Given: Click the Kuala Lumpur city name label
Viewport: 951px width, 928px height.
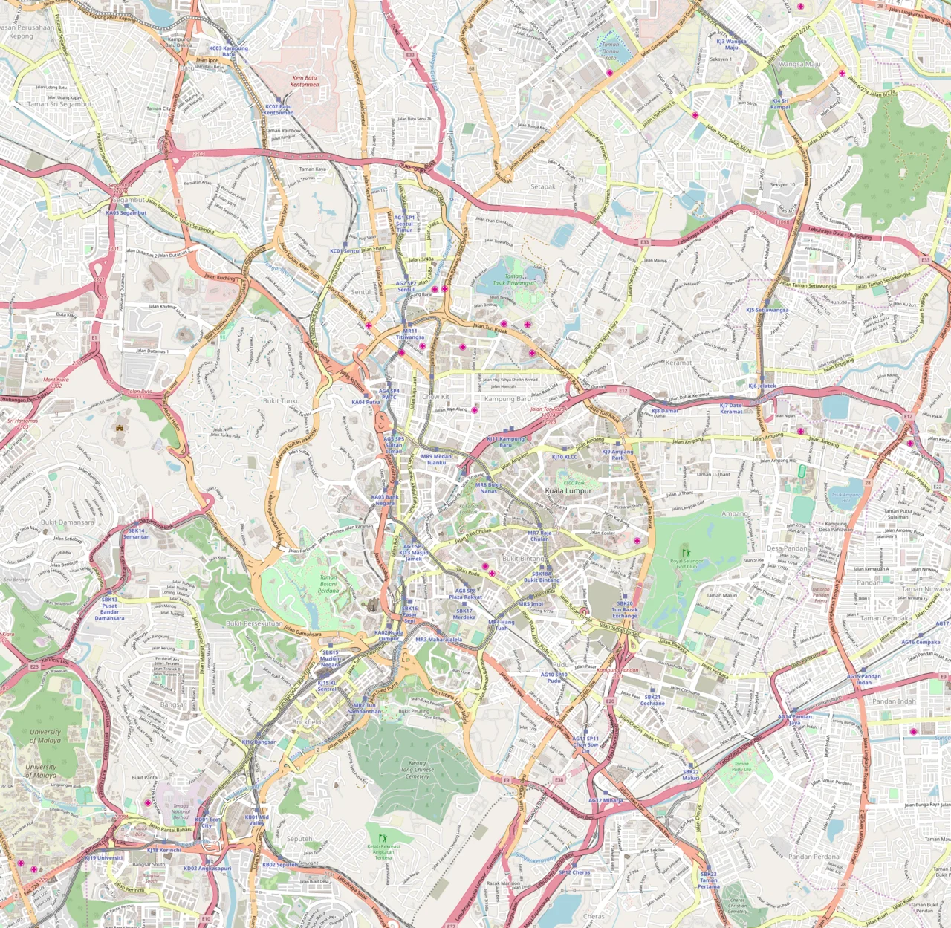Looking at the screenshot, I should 568,491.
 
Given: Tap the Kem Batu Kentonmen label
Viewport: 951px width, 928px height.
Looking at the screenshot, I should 305,81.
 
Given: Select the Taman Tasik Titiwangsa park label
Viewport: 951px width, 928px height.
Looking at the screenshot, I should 513,279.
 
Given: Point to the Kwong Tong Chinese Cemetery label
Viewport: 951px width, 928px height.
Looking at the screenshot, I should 418,770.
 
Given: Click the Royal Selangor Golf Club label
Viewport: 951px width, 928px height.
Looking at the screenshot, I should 686,563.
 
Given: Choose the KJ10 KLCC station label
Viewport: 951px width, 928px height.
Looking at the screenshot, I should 564,458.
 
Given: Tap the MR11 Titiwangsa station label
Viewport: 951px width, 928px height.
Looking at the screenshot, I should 410,334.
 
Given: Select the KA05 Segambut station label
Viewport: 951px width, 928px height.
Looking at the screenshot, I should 126,213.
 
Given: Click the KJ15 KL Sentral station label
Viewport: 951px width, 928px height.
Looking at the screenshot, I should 327,686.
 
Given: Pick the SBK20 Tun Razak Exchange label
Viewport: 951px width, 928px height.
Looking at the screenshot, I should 625,610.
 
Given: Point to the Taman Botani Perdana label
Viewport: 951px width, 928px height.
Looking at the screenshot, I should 328,583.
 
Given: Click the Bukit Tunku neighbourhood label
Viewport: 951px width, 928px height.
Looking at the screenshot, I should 281,401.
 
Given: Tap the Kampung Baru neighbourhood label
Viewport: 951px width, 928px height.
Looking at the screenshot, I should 508,399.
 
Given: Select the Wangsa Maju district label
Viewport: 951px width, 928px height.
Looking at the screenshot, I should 799,65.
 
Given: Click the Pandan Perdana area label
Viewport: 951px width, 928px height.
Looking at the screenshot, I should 814,857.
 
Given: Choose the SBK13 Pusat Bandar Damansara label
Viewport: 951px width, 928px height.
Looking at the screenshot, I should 109,609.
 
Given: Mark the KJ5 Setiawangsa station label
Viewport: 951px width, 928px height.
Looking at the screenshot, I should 767,311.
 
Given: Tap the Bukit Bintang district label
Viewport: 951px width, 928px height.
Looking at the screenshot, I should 523,559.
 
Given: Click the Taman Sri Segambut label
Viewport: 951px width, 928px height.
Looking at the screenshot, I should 59,105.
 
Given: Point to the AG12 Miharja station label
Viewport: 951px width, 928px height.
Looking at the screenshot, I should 606,801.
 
